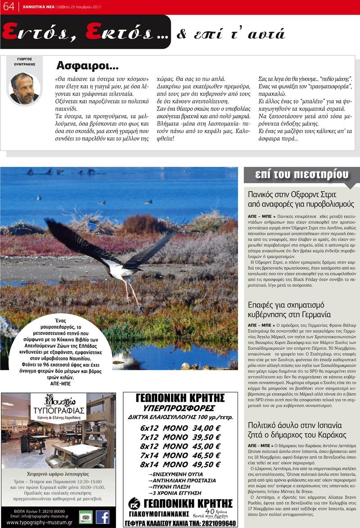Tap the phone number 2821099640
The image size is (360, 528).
213,523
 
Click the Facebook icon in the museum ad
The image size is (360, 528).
103,517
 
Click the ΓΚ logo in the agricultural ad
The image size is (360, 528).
134,503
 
